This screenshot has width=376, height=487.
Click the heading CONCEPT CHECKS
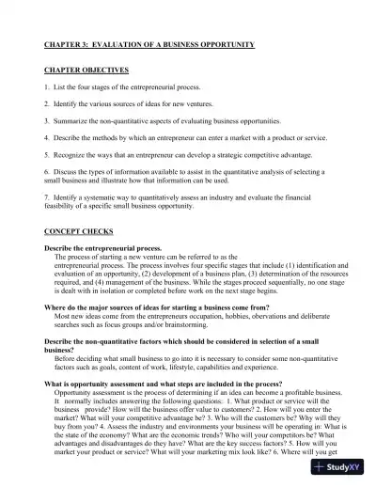point(77,230)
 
